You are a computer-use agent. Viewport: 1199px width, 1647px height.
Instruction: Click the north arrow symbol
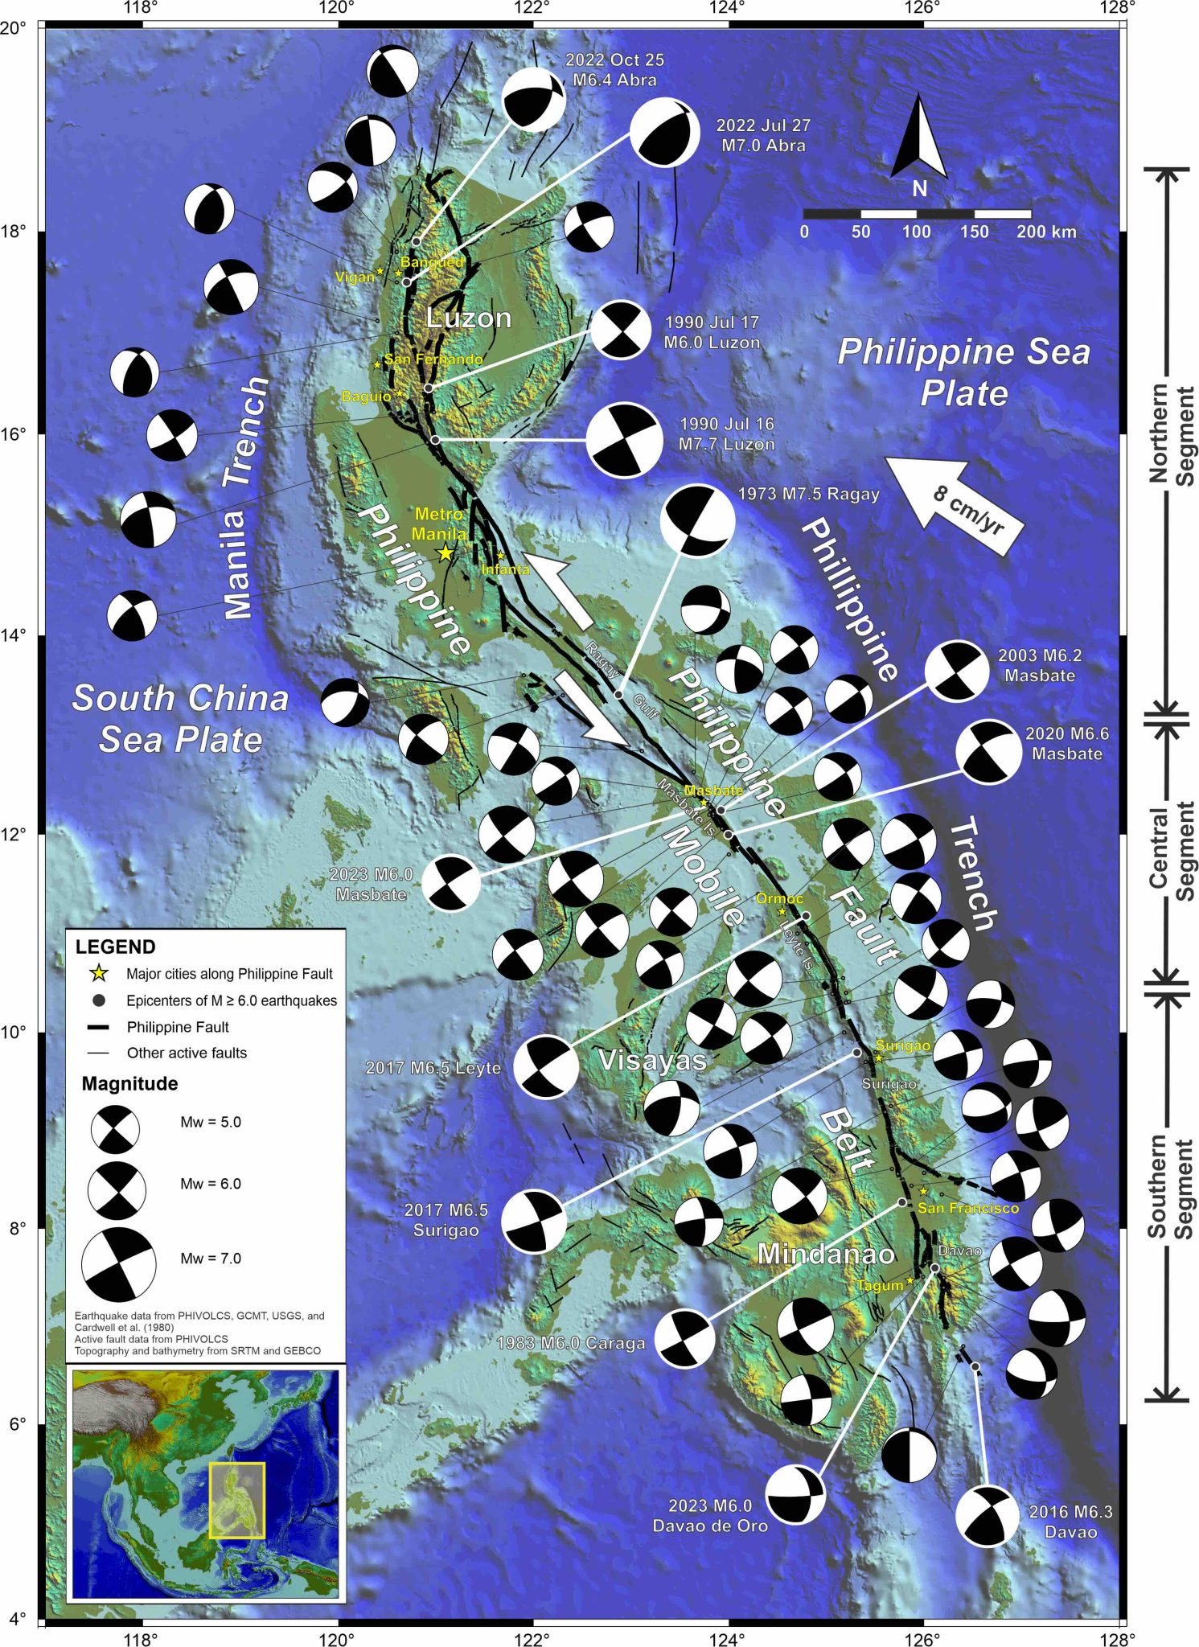pos(918,138)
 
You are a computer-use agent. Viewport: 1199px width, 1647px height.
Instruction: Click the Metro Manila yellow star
pos(445,552)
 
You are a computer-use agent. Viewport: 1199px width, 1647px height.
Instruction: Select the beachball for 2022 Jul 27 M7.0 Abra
pos(664,133)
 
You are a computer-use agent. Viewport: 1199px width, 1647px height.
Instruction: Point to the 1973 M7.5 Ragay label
pos(808,494)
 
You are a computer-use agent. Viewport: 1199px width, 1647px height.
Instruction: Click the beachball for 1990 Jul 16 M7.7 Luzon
pos(624,440)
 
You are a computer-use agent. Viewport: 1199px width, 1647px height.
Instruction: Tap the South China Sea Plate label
pos(180,718)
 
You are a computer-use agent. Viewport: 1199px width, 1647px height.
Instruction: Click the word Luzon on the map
pos(468,318)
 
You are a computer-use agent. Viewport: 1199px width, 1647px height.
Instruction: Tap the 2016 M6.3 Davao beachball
pos(987,1517)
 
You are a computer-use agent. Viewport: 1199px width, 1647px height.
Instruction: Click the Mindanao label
pos(826,1254)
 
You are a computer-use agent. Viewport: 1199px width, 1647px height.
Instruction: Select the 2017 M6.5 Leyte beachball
pos(546,1066)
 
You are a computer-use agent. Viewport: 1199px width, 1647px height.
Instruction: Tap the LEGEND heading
pos(115,947)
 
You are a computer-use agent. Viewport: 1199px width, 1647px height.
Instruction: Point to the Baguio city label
pos(366,396)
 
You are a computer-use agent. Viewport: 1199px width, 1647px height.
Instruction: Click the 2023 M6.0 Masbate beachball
pos(451,884)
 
